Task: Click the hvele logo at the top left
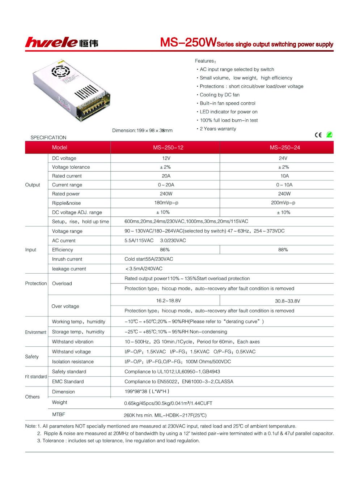click(62, 42)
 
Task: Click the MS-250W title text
click(188, 42)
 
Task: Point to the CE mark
click(318, 135)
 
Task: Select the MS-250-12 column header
click(168, 147)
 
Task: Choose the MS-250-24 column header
click(285, 147)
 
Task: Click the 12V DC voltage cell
click(166, 158)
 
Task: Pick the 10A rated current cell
click(284, 176)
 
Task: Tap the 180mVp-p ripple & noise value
click(166, 203)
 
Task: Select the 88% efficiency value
click(283, 250)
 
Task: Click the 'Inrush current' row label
click(67, 259)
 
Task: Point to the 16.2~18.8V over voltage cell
click(168, 301)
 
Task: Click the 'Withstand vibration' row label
click(72, 342)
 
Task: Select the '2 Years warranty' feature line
click(218, 129)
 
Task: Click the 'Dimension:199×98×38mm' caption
click(142, 130)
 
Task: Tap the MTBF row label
click(58, 415)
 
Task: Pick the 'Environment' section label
click(35, 332)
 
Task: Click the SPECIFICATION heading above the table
click(48, 138)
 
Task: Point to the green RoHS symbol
click(329, 134)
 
